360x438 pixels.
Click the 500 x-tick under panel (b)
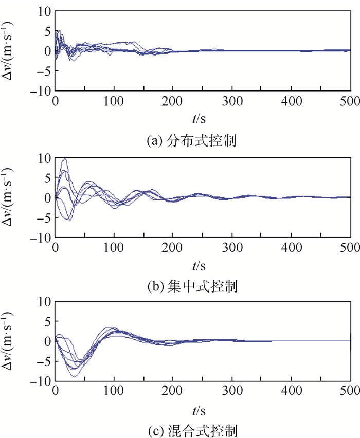(350, 247)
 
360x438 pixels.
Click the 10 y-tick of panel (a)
(45, 11)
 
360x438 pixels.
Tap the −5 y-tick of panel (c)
(44, 361)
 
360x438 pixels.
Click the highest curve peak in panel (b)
(64, 159)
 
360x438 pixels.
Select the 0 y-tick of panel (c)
(47, 341)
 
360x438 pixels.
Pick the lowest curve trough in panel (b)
(69, 220)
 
